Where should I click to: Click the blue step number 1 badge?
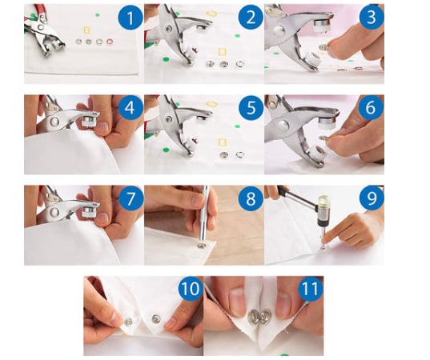pyautogui.click(x=131, y=18)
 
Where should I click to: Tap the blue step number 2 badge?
pyautogui.click(x=251, y=18)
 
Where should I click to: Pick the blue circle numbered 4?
pyautogui.click(x=130, y=108)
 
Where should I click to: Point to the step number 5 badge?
pyautogui.click(x=251, y=108)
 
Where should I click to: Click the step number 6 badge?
pyautogui.click(x=372, y=108)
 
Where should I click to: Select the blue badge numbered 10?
pyautogui.click(x=191, y=288)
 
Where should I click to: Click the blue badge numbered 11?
pyautogui.click(x=311, y=288)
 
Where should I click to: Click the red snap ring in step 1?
pyautogui.click(x=110, y=42)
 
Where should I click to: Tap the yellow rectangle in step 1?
pyautogui.click(x=86, y=30)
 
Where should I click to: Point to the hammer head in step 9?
pyautogui.click(x=324, y=207)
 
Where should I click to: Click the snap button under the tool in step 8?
pyautogui.click(x=202, y=246)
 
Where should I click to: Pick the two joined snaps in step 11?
pyautogui.click(x=259, y=317)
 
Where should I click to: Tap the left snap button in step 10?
pyautogui.click(x=128, y=322)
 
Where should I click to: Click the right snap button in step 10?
pyautogui.click(x=157, y=318)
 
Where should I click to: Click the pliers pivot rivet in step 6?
pyautogui.click(x=283, y=125)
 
